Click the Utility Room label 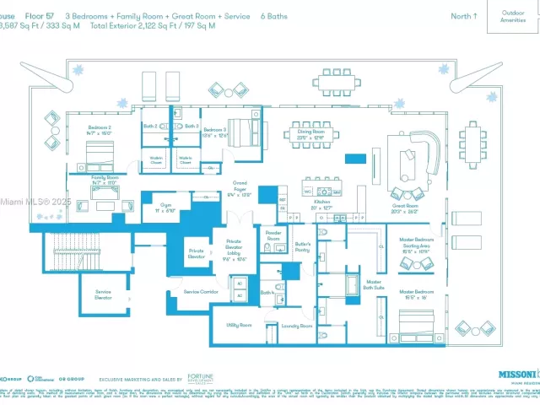point(239,324)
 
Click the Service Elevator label point(103,294)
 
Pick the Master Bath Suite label point(373,285)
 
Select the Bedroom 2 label point(99,130)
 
